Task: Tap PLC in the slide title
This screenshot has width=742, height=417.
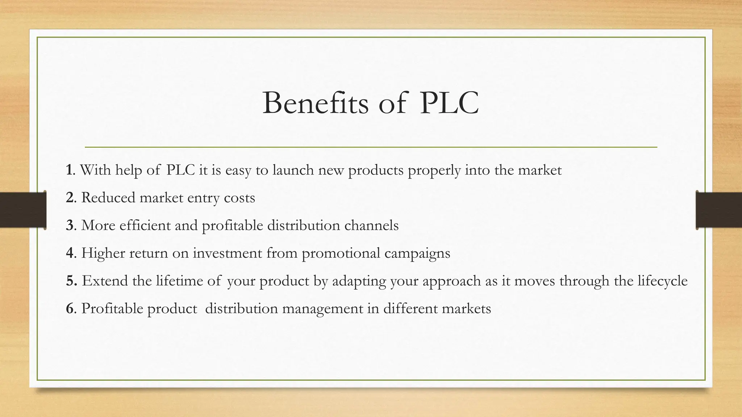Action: [449, 103]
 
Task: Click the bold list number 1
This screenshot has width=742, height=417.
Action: [69, 170]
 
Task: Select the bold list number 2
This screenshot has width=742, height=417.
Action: [70, 198]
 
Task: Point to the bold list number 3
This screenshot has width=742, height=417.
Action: [70, 225]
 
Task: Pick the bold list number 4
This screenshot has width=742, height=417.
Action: [70, 253]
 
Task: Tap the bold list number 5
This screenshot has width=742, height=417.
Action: [70, 281]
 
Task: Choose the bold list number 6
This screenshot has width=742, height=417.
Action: [70, 308]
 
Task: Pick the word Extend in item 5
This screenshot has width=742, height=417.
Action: [105, 281]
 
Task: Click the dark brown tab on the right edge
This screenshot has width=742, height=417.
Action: [719, 210]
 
